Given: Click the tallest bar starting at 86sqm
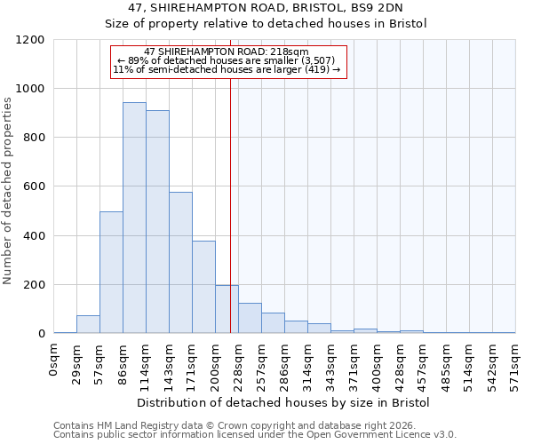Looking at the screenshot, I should pos(134,218).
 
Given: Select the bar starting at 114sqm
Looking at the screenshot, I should pos(157,222).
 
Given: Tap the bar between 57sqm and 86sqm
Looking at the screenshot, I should pos(111,273).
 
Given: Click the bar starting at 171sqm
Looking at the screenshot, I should pos(203,287).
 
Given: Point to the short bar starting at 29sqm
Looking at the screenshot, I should pos(88,324).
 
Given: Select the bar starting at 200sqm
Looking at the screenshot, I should pos(227,309).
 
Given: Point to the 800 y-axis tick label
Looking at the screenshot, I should pos(34,138).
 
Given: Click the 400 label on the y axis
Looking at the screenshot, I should pos(34,236).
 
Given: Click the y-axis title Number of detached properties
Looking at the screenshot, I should pos(8,191).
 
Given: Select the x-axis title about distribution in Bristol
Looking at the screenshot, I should pos(283,403).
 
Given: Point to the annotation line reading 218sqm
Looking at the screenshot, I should pos(226,52).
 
